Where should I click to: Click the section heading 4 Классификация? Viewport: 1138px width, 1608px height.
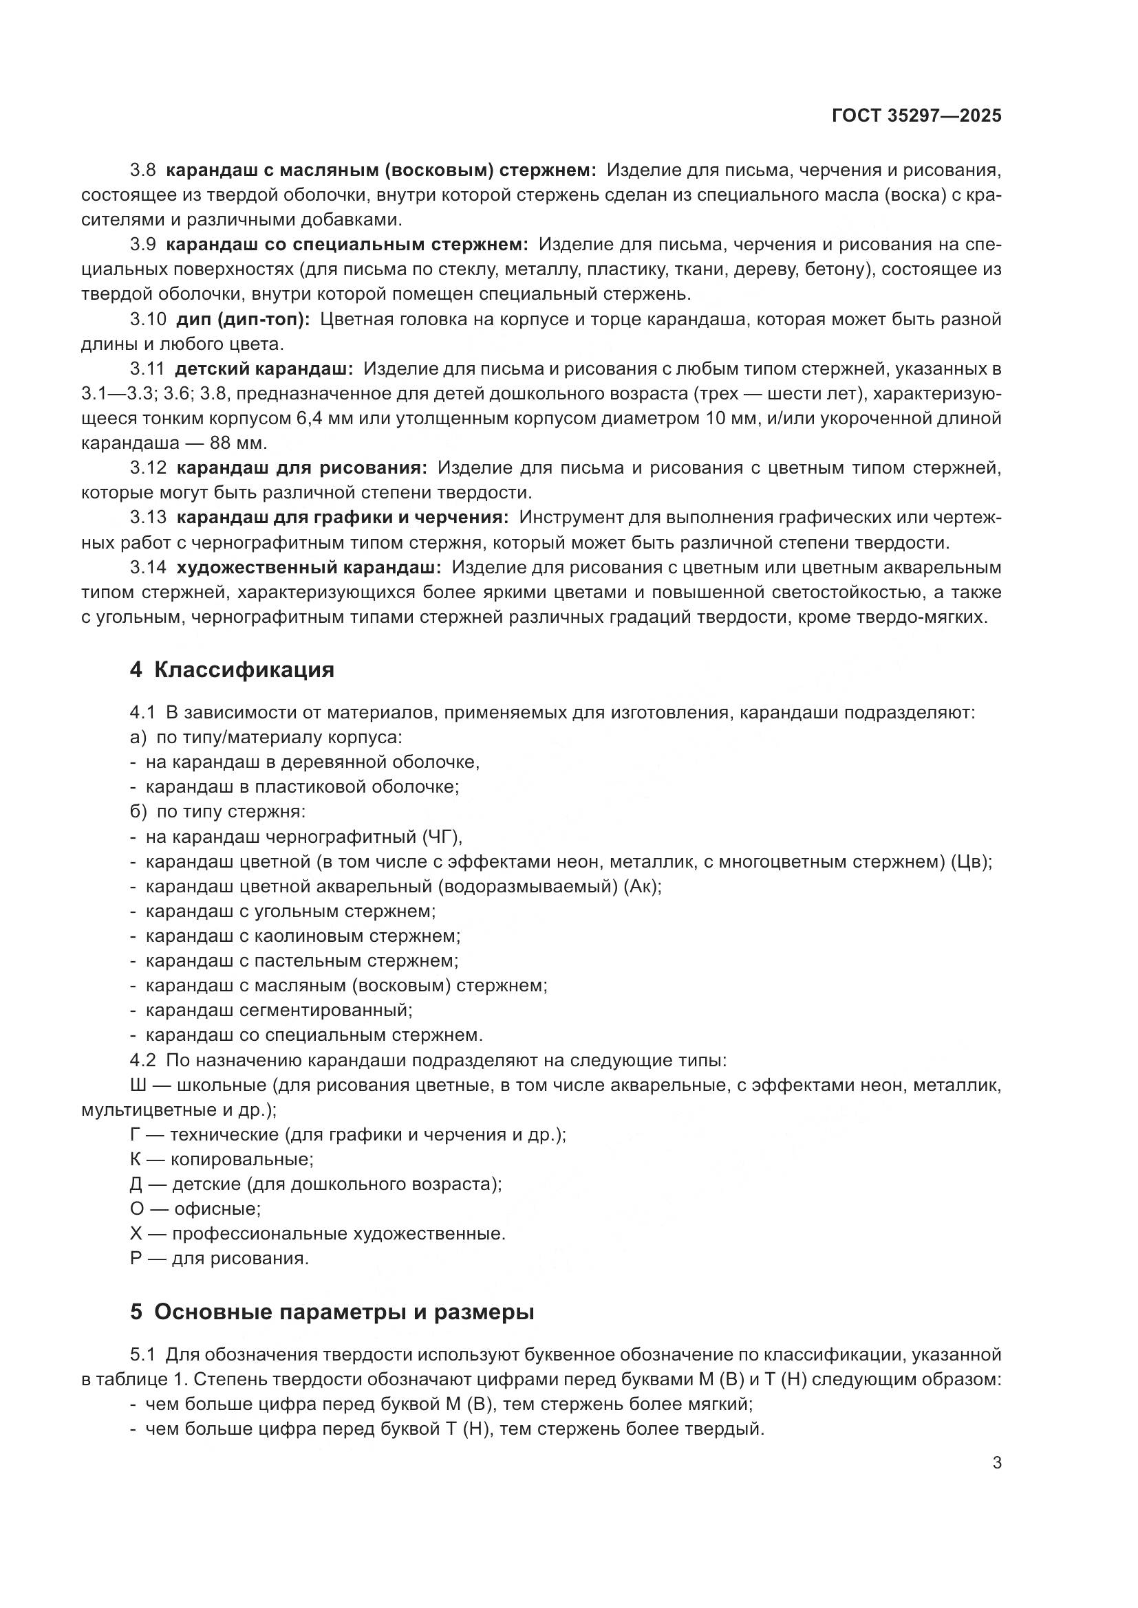tap(232, 670)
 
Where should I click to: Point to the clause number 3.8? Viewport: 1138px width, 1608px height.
tap(143, 170)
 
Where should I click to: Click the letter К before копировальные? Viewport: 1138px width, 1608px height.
tap(136, 1160)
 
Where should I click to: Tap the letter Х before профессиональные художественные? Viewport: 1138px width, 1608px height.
tap(136, 1234)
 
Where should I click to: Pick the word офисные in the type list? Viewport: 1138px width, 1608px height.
tap(217, 1209)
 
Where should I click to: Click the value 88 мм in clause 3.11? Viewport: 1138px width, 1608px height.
tap(237, 443)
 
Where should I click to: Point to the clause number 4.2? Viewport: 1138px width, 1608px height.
tap(143, 1060)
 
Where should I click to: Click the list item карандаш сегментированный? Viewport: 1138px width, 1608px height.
tap(278, 1011)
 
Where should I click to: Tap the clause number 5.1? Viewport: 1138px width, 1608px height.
tap(143, 1355)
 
